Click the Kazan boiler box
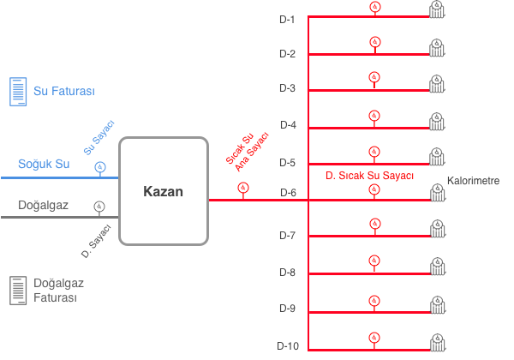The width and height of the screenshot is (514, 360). point(163,191)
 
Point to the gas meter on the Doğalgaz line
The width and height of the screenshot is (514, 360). point(99,206)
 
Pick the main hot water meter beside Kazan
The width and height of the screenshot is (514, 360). point(242,189)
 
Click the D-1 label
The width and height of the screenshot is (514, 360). point(287,18)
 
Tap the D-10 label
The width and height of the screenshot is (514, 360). point(288,345)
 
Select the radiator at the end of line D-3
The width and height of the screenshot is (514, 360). point(438,82)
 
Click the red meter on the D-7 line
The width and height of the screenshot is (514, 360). point(374,225)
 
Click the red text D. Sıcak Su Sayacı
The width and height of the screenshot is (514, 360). point(369,175)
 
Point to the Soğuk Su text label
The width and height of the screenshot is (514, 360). point(44,164)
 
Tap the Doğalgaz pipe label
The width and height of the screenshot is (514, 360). point(44,205)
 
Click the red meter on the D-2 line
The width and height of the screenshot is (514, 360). point(374,42)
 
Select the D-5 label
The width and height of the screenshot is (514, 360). point(287,162)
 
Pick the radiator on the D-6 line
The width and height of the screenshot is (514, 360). point(438,193)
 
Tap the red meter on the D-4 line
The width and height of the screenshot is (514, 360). point(374,116)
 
